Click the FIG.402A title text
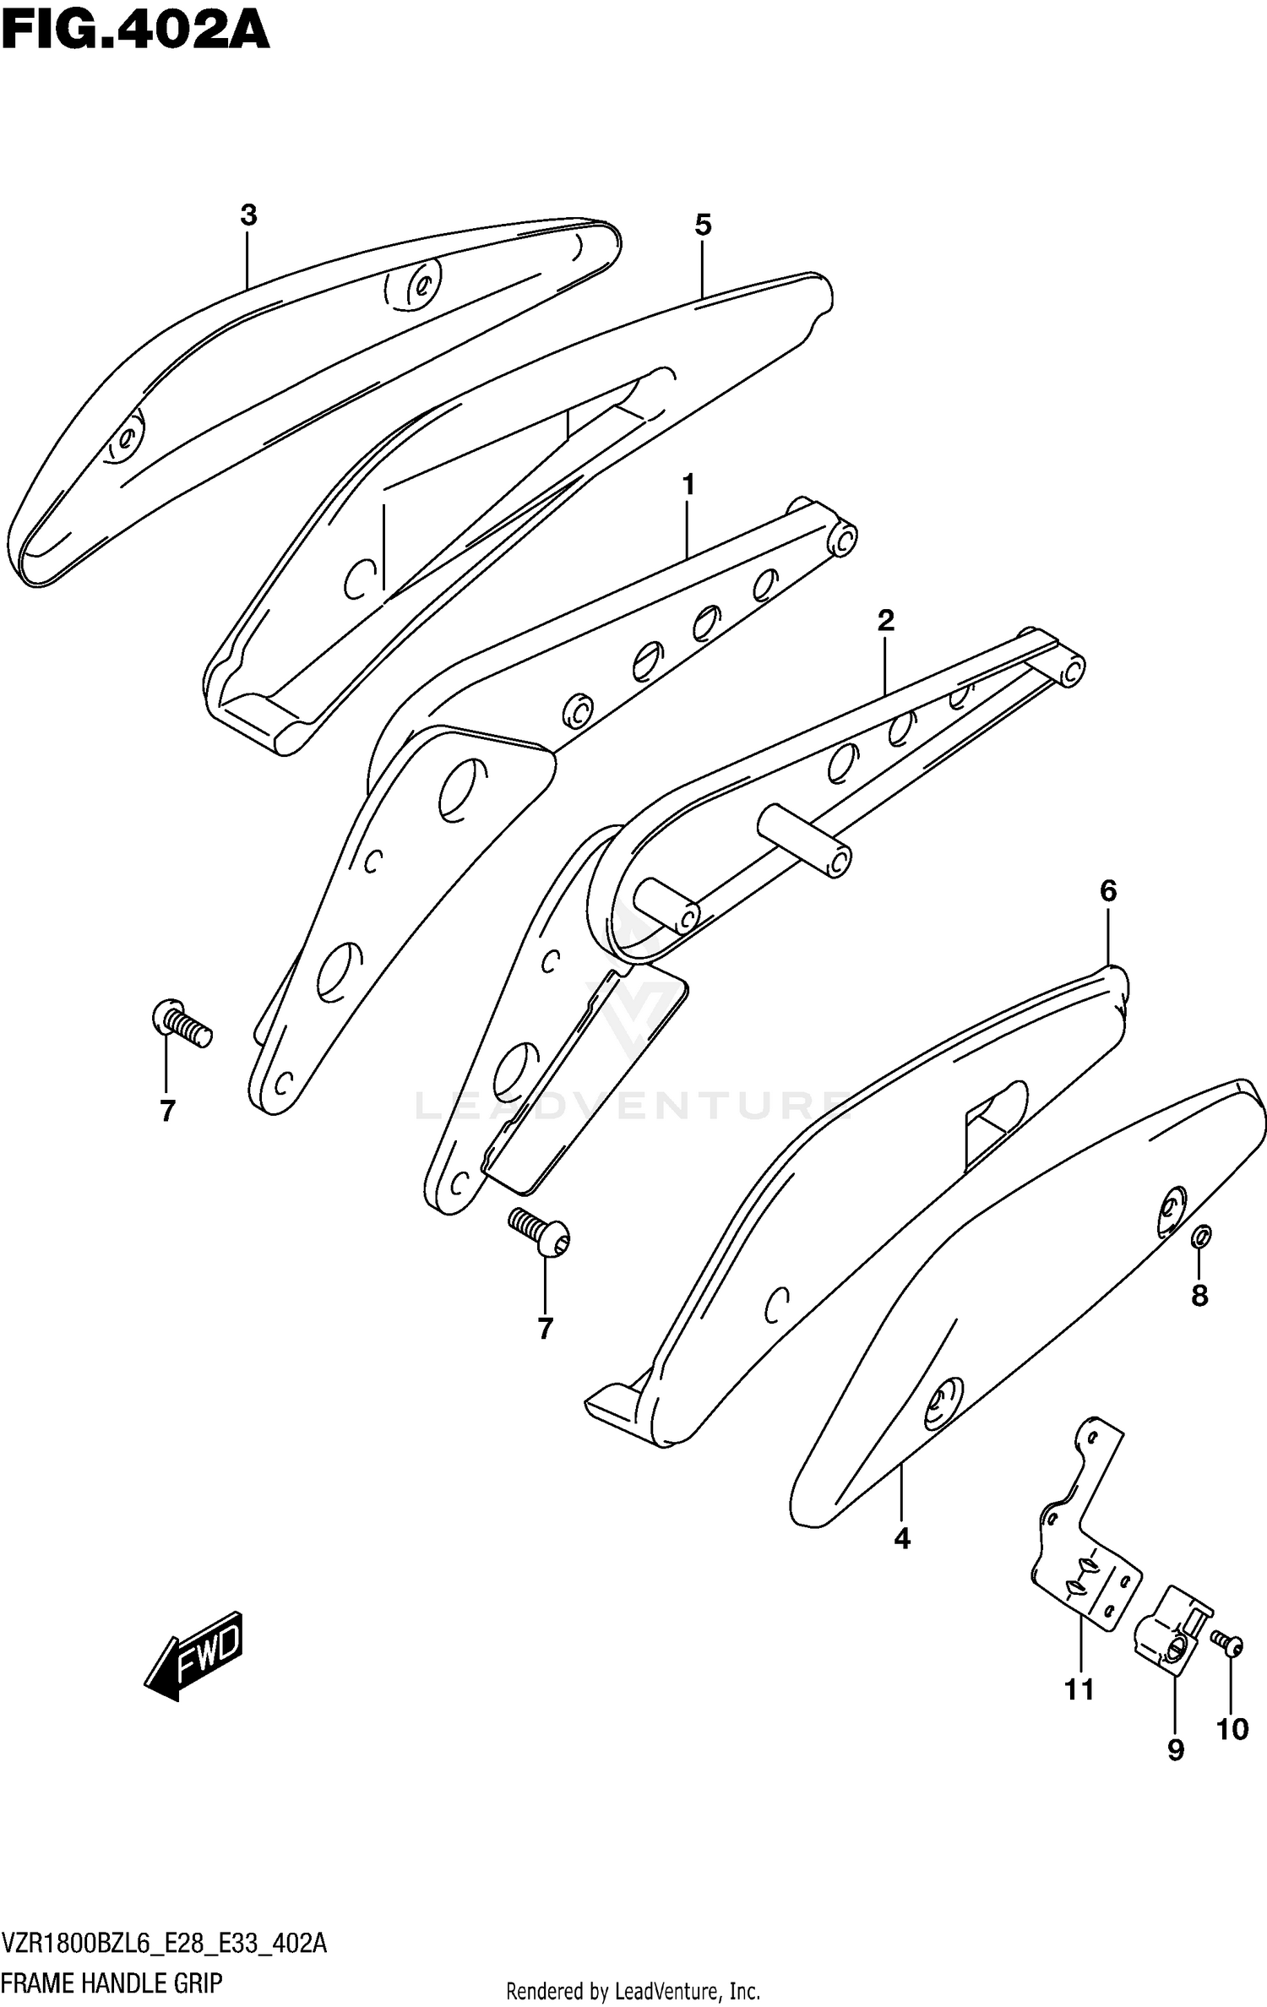click(x=135, y=31)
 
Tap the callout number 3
click(x=247, y=215)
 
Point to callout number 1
click(x=688, y=485)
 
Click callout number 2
click(x=885, y=621)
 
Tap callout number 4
click(x=902, y=1539)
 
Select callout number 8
click(x=1199, y=1295)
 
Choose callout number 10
click(x=1232, y=1729)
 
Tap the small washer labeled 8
click(x=1201, y=1237)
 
